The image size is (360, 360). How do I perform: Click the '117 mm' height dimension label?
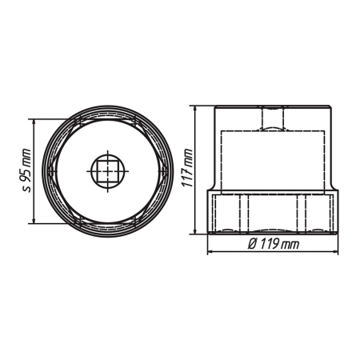click(x=187, y=168)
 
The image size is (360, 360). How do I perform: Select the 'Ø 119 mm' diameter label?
click(x=273, y=244)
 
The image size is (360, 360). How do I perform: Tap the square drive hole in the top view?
click(x=108, y=171)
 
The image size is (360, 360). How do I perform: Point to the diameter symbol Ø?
click(x=252, y=244)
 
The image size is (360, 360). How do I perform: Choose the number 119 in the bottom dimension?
click(x=270, y=244)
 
